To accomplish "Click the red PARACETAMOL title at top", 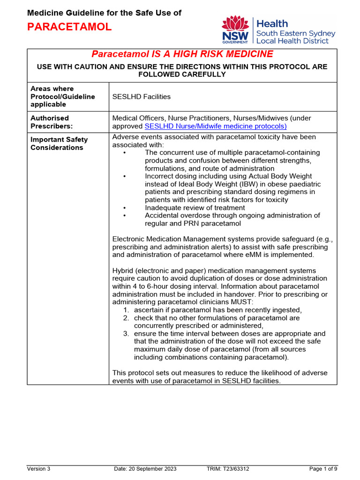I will click(69, 27).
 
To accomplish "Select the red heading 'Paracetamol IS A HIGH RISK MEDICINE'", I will click(182, 54).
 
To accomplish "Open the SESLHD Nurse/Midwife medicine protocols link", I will click(216, 126).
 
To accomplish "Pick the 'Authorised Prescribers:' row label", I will click(50, 122).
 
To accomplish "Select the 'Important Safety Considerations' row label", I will click(59, 143).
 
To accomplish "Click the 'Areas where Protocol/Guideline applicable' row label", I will click(62, 96).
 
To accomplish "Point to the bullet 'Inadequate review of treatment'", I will click(195, 208).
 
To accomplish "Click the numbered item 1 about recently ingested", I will click(217, 310).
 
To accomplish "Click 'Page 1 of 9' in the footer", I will click(323, 469).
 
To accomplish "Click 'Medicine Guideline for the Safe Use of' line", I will click(104, 13).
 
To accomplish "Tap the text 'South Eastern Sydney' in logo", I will click(295, 33).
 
